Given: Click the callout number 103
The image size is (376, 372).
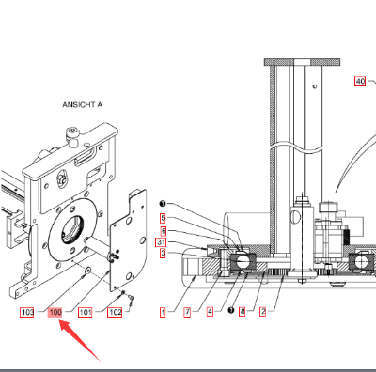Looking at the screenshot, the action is coord(27,312).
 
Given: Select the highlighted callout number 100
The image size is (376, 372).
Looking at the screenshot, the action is coord(55,312).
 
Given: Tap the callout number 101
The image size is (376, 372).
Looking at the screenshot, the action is coord(86,312).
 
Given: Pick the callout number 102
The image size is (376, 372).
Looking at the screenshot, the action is coord(115,312).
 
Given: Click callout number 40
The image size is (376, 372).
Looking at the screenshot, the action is coord(360,82).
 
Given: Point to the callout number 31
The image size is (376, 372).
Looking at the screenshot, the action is coord(161,242).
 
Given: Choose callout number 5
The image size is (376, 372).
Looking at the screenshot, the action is coord(163,218).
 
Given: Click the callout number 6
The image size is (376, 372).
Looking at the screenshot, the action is coord(164,231).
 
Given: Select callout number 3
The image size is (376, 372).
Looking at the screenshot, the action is coord(163,253).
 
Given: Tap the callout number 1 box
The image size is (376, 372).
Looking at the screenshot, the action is coord(163,312).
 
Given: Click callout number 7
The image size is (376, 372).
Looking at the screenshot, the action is coord(187,312).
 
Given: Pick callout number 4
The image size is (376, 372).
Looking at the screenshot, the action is coord(210,312).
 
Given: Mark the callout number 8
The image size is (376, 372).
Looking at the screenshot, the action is coord(242,312).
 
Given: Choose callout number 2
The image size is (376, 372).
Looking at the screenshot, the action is coord(263,312).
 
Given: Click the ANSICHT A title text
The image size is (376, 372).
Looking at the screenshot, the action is coord(83,104).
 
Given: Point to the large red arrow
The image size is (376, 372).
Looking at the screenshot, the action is coord(80,340).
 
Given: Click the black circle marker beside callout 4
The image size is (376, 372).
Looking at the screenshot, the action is coord(231,311).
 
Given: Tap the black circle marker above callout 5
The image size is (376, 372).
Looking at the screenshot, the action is coord(163,204).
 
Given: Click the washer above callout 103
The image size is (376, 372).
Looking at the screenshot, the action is coord(87,270).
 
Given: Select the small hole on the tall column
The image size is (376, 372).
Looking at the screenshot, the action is coord(315,86).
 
